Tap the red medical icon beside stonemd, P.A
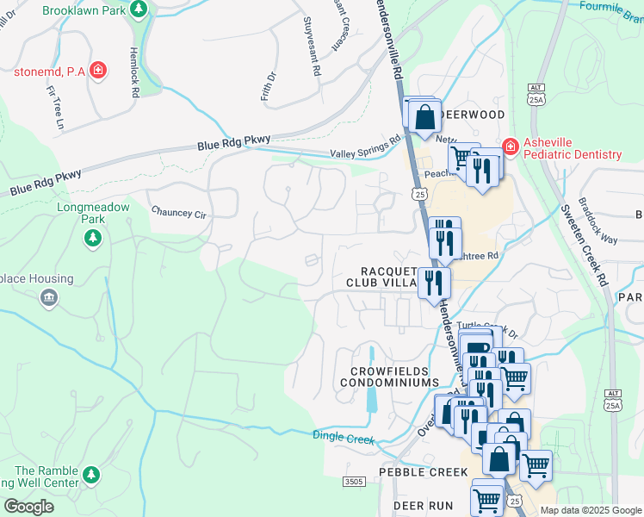[98, 70]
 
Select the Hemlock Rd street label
[134, 72]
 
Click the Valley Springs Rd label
[366, 146]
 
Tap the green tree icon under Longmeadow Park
[93, 238]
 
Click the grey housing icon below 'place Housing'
[48, 298]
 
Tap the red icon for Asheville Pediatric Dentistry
[510, 147]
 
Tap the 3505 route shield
[353, 481]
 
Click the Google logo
[28, 506]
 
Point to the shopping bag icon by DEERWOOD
[424, 117]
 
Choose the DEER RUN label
[423, 505]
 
